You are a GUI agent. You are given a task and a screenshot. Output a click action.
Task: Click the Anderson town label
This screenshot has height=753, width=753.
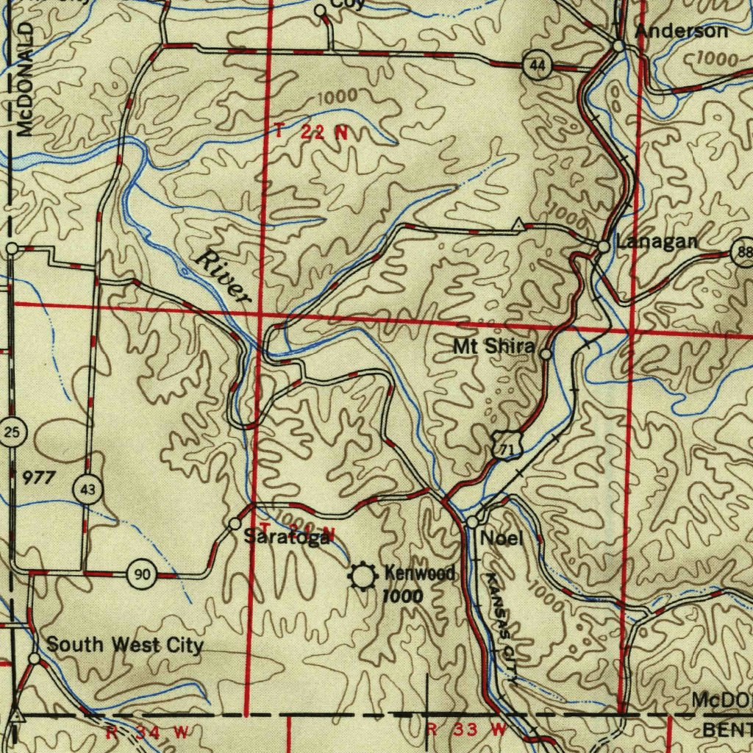(681, 32)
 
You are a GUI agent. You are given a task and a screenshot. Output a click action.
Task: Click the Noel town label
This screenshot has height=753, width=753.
(502, 539)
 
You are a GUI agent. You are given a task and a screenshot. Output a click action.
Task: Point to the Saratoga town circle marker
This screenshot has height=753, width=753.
(235, 524)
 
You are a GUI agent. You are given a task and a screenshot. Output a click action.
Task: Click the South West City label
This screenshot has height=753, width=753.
(124, 646)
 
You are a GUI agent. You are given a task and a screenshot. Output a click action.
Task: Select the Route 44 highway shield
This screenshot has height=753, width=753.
(538, 66)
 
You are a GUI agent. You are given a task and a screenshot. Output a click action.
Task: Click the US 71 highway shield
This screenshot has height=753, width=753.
(503, 446)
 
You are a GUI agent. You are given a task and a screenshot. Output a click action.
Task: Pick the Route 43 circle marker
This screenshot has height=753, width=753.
(88, 489)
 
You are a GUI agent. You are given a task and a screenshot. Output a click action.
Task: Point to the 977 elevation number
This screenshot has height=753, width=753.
(38, 478)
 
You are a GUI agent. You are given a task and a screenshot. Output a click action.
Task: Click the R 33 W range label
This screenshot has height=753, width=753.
(467, 730)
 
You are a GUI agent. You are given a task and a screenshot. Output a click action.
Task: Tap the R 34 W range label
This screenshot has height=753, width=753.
(147, 732)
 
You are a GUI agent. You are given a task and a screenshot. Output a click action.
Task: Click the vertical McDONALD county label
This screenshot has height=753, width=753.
(26, 79)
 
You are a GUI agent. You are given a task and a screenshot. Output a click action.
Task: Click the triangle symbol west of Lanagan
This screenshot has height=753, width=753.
(519, 224)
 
